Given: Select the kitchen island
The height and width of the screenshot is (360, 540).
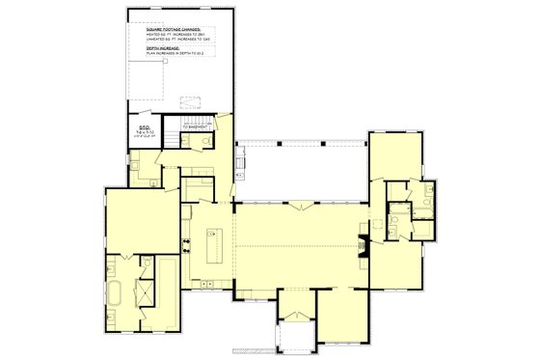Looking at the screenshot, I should pyautogui.click(x=216, y=250).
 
